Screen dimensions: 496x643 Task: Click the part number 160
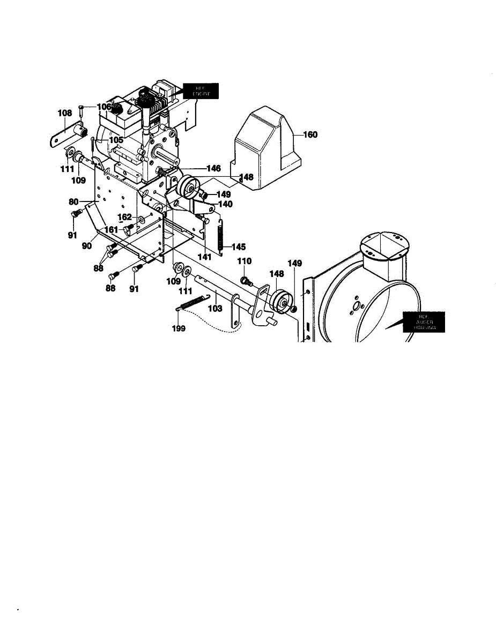click(309, 135)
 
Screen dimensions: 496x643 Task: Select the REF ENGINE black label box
click(201, 91)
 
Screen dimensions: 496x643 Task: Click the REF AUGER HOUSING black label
click(424, 322)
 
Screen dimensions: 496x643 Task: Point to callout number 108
click(65, 113)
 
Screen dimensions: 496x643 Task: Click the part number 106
click(103, 107)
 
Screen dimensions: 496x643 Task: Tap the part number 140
click(225, 204)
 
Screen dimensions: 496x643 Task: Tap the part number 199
click(179, 328)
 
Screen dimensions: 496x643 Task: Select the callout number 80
click(73, 203)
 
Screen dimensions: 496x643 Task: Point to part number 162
click(124, 217)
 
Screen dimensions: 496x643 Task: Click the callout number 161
click(111, 229)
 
